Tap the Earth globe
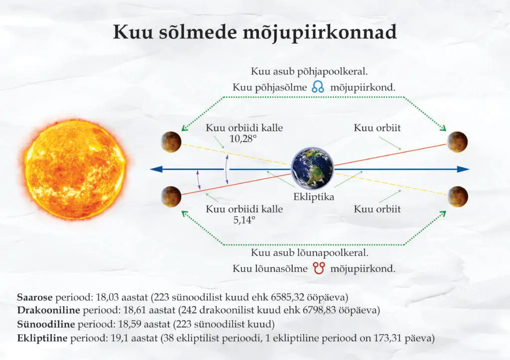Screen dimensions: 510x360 tap(312, 168)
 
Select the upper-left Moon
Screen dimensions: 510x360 tap(171, 142)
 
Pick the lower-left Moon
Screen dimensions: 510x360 tap(171, 196)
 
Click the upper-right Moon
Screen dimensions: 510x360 tap(457, 142)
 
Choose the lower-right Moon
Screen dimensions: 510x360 tap(457, 196)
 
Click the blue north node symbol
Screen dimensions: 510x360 tap(318, 87)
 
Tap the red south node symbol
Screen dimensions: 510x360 tap(319, 268)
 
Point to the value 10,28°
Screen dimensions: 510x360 tap(243, 139)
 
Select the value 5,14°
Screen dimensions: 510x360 tap(244, 220)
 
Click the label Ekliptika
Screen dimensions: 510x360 tap(314, 197)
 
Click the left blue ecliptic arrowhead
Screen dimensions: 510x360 tap(156, 169)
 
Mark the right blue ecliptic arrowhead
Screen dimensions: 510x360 tap(463, 169)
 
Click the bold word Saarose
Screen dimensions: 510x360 tap(35, 297)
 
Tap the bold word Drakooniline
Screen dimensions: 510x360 tap(48, 310)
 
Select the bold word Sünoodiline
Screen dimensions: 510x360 tap(46, 324)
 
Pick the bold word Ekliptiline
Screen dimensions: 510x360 tap(42, 338)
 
